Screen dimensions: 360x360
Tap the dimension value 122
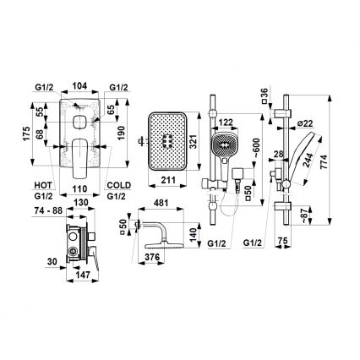pos(226,122)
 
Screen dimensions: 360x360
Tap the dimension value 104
pos(79,87)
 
